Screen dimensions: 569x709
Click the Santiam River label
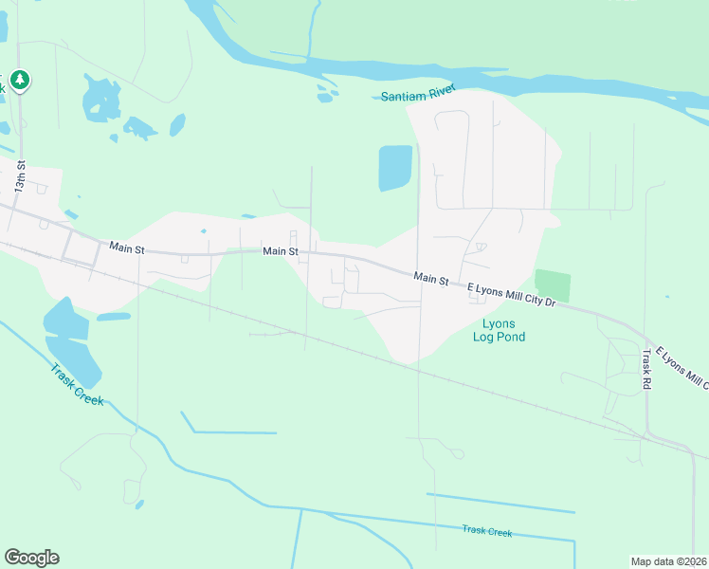click(x=418, y=93)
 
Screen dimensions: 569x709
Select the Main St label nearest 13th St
click(x=126, y=248)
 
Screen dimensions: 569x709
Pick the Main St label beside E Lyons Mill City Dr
click(x=430, y=279)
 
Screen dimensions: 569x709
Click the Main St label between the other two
click(x=281, y=251)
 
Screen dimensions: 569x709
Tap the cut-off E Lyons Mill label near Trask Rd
click(x=683, y=367)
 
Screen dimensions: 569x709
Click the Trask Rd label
click(x=646, y=370)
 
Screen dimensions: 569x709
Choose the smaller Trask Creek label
click(x=486, y=532)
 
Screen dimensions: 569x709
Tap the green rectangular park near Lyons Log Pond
click(x=553, y=286)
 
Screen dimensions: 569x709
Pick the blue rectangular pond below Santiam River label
click(x=395, y=168)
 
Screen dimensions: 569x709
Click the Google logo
click(x=31, y=557)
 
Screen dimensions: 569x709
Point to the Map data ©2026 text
click(x=669, y=561)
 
